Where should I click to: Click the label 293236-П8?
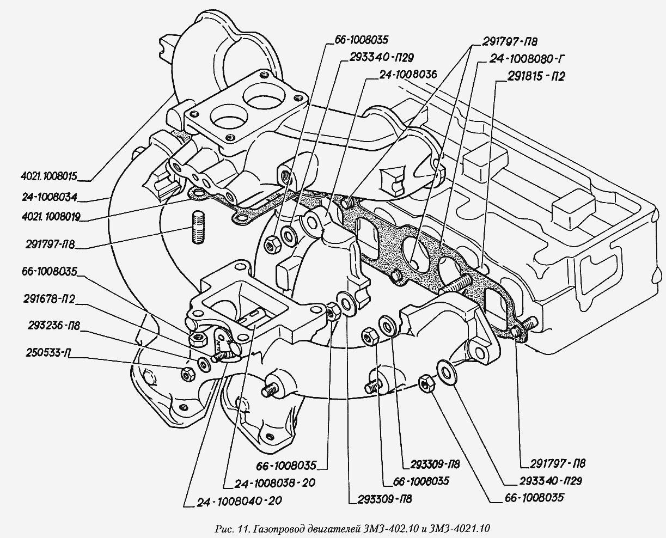point(52,327)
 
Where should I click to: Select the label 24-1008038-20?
point(275,482)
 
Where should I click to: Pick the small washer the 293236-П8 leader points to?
point(203,363)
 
